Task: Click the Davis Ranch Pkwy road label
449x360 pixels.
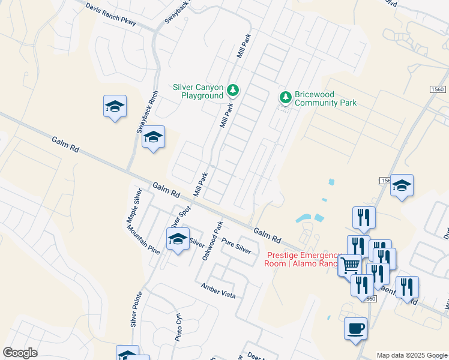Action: (111, 15)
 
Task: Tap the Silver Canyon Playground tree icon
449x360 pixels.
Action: (233, 91)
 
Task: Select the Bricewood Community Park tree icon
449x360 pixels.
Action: (286, 97)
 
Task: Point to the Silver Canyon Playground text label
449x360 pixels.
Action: (198, 91)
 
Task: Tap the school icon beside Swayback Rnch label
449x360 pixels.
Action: (153, 137)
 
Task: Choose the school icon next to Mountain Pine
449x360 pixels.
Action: (178, 239)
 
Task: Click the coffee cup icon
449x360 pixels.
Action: (356, 328)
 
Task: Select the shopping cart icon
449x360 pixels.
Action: (349, 264)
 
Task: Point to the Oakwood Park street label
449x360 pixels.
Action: (212, 240)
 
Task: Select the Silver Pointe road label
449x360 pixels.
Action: (136, 310)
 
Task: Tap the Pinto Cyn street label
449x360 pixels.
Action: (178, 326)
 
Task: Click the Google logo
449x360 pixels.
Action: (20, 353)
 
